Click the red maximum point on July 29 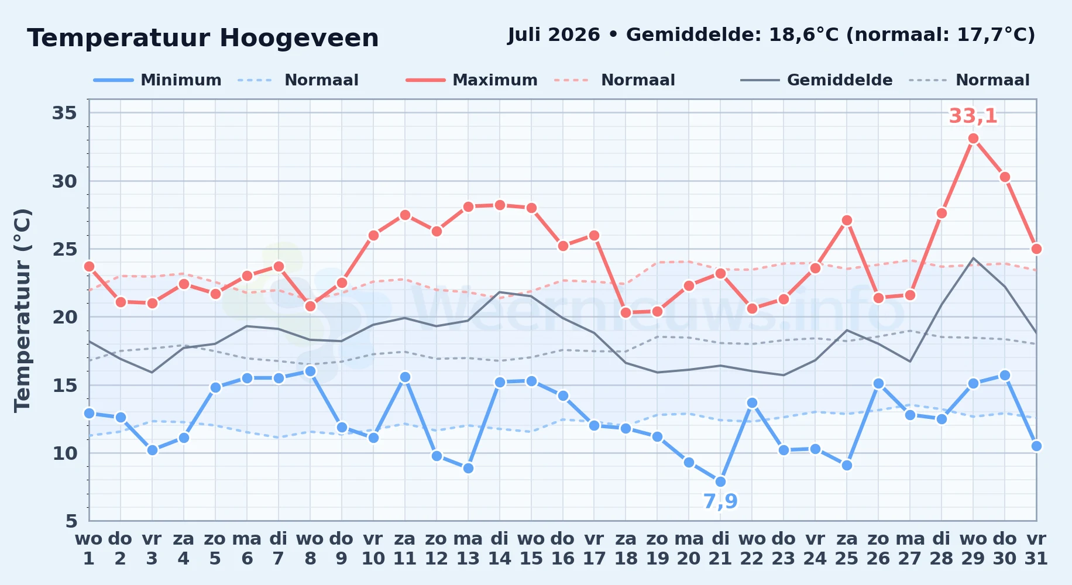click(x=973, y=139)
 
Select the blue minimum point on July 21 click(x=720, y=481)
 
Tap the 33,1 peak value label click(x=973, y=116)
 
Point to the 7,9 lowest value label click(x=720, y=501)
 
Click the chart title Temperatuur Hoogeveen click(x=203, y=38)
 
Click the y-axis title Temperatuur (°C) click(x=22, y=310)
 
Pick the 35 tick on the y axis click(x=64, y=112)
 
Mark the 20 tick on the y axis click(x=64, y=317)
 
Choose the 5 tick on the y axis click(x=71, y=521)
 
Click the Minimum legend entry click(x=158, y=80)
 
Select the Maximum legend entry click(x=472, y=80)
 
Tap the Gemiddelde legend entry click(x=817, y=80)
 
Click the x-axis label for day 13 click(x=468, y=549)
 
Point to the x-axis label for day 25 click(x=847, y=549)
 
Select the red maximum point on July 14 click(x=500, y=205)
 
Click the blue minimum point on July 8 click(x=310, y=371)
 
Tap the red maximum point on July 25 click(x=847, y=220)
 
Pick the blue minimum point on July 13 click(x=468, y=468)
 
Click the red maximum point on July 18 click(x=626, y=312)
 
